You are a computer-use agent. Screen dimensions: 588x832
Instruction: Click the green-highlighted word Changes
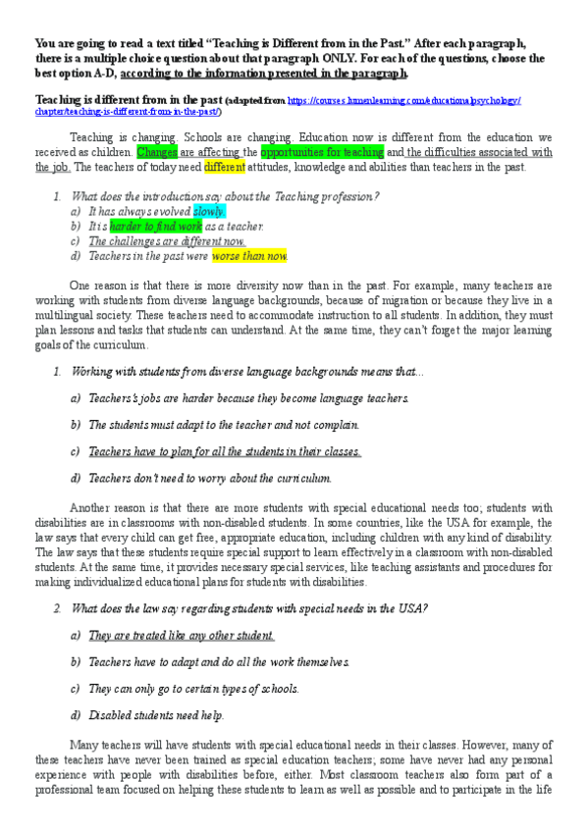[x=157, y=152]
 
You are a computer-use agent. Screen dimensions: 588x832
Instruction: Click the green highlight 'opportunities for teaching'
[x=321, y=152]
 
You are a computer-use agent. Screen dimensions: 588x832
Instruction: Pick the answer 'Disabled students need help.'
[x=156, y=714]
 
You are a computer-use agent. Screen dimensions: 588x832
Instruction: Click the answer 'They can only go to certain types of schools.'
[x=193, y=688]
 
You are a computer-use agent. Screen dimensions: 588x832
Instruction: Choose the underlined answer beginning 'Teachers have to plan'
[x=225, y=451]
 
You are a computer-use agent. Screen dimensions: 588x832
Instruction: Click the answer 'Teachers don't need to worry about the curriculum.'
[x=210, y=478]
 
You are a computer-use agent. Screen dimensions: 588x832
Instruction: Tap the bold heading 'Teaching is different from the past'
[x=129, y=101]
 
